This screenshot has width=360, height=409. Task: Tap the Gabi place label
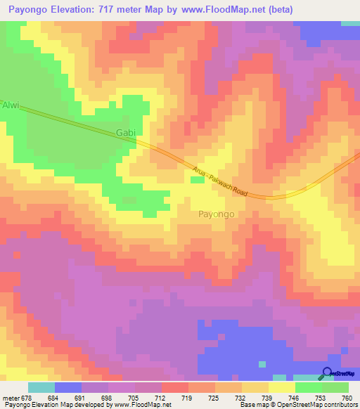[x=124, y=132]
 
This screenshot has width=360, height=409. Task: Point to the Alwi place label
[x=11, y=106]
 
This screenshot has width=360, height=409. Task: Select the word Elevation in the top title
[x=75, y=9]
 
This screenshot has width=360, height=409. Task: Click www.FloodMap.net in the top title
[x=223, y=9]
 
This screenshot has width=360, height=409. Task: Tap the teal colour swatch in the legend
[x=41, y=387]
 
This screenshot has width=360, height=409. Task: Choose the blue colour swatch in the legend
[x=67, y=387]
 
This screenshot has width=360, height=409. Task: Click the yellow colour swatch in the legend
[x=282, y=387]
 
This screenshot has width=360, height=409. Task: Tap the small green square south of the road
[x=198, y=181]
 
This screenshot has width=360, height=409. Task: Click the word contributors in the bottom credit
[x=337, y=404]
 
